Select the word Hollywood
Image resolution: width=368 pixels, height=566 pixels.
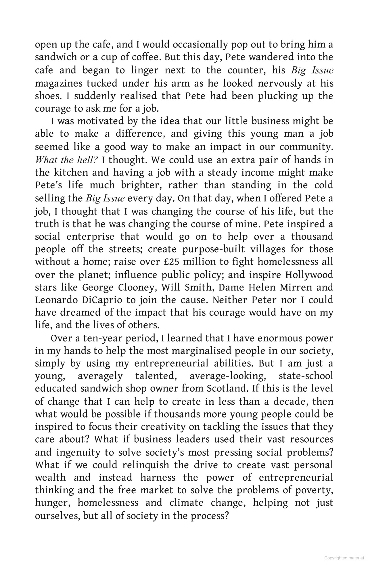309,275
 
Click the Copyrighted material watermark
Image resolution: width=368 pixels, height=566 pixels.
344,558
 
